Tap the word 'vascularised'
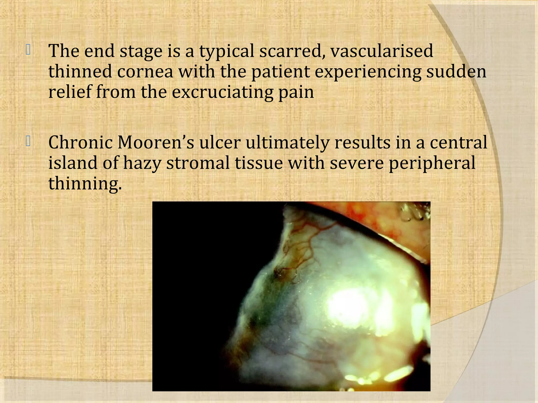[382, 51]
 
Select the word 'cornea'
[145, 71]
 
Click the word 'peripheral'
[432, 163]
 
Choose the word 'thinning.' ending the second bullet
[85, 183]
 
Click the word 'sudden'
[456, 71]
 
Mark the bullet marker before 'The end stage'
[28, 50]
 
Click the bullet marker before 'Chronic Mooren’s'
[28, 142]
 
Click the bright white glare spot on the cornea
[347, 304]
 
